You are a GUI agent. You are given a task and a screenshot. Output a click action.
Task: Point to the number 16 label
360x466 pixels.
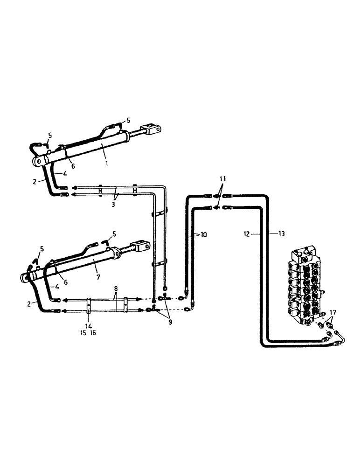pyautogui.click(x=93, y=333)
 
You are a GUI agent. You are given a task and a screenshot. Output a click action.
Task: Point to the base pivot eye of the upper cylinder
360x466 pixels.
pyautogui.click(x=38, y=161)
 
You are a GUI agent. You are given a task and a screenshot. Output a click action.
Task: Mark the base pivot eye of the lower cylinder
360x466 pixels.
pyautogui.click(x=25, y=278)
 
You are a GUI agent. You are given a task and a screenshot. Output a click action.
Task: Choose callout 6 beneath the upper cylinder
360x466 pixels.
pyautogui.click(x=73, y=166)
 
